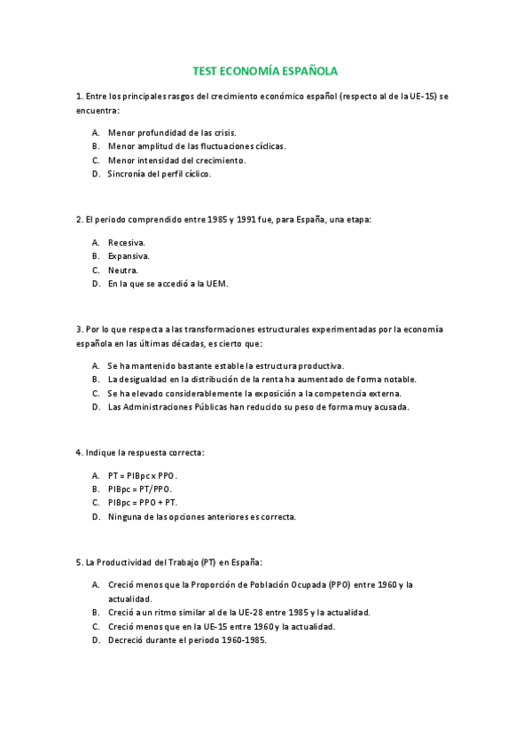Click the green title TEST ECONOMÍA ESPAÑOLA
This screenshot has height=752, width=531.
265,71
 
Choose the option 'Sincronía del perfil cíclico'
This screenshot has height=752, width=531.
160,175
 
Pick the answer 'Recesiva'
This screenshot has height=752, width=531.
127,242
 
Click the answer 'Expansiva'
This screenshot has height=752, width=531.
129,256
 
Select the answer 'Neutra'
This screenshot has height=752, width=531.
123,270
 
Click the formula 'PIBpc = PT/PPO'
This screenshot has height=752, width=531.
140,489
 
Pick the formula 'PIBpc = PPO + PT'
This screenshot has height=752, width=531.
144,503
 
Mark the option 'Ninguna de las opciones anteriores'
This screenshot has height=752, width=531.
202,517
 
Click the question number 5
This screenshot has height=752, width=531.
79,562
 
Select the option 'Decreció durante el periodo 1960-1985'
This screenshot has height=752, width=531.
187,641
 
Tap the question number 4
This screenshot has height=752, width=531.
79,452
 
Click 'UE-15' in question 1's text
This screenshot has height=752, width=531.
419,96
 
